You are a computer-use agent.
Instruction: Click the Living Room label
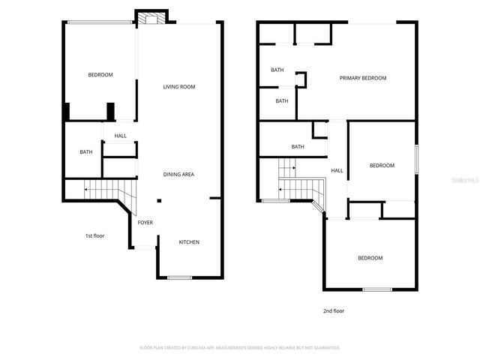(x=179, y=87)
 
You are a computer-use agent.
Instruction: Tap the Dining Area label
(x=179, y=175)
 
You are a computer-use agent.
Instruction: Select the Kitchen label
(x=189, y=241)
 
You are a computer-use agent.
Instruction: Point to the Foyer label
(x=145, y=223)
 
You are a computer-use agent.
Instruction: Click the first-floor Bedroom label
(x=100, y=74)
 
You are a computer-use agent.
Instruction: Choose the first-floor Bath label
(x=86, y=152)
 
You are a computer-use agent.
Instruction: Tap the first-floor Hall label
(x=120, y=136)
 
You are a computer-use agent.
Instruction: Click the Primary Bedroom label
(x=362, y=78)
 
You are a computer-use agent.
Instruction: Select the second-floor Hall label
(x=337, y=170)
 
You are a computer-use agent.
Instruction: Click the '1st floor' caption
(x=94, y=236)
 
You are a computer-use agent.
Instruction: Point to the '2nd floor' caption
(x=334, y=310)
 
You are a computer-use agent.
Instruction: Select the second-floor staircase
(x=296, y=184)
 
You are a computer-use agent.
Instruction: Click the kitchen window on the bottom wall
(x=179, y=277)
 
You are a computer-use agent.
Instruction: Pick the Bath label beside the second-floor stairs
(x=298, y=147)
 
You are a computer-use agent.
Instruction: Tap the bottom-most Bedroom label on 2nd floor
(x=370, y=258)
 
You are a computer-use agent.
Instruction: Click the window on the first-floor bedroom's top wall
(x=100, y=22)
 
